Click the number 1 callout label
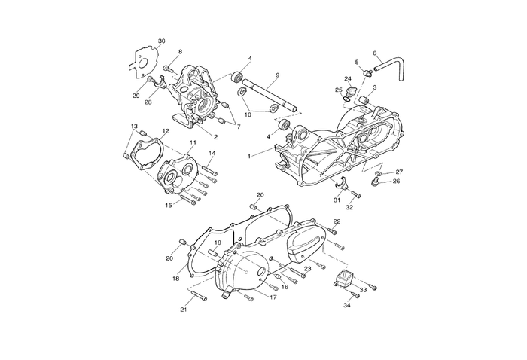(x=249, y=155)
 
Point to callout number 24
(x=348, y=78)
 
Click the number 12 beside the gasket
(x=166, y=131)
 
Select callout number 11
(x=193, y=142)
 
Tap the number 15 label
(x=169, y=204)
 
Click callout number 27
(x=399, y=172)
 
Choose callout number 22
(x=337, y=221)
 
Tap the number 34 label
(x=347, y=305)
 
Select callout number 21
(x=183, y=310)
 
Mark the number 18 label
(x=175, y=279)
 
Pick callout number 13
(x=134, y=126)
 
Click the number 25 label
(x=339, y=90)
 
